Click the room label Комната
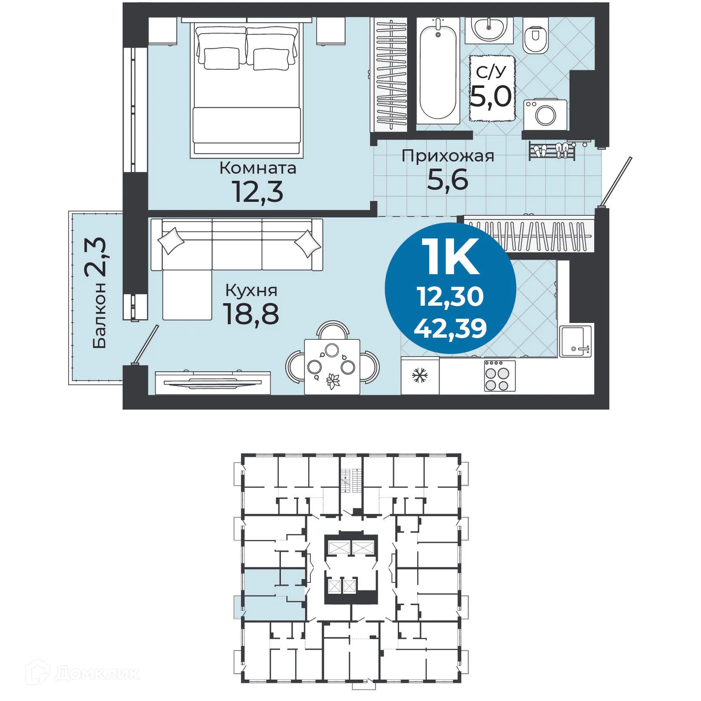tap(258, 168)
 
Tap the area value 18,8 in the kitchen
tap(251, 314)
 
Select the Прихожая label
tap(448, 156)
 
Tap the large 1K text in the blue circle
tap(452, 257)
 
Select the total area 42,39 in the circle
tap(450, 328)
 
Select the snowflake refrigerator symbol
tap(420, 375)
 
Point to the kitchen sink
tap(575, 341)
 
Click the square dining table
tap(332, 367)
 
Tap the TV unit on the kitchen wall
tap(213, 382)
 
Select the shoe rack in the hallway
tap(551, 151)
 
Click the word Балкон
tap(100, 315)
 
